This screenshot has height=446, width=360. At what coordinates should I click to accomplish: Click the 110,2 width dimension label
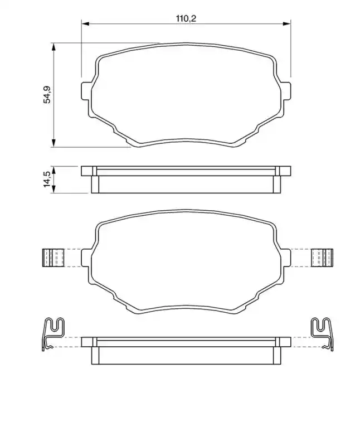click(x=186, y=18)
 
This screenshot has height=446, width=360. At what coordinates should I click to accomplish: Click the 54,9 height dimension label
click(x=47, y=94)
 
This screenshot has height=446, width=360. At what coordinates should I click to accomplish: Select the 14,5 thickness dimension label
click(x=47, y=179)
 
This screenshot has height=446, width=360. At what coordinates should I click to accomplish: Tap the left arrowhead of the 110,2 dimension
click(x=85, y=24)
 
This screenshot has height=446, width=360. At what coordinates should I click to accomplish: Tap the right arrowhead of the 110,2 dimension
click(x=286, y=24)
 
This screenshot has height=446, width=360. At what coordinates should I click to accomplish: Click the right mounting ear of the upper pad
click(x=286, y=91)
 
